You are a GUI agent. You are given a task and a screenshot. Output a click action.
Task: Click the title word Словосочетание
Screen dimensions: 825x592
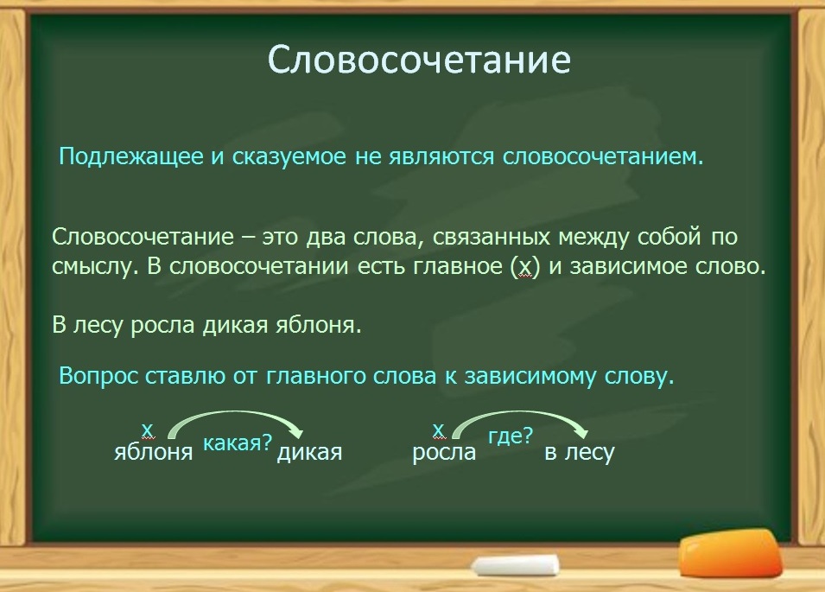419,60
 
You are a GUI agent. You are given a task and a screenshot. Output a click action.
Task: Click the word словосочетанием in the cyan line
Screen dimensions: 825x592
603,156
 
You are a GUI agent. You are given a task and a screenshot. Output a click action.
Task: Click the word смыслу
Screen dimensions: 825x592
95,267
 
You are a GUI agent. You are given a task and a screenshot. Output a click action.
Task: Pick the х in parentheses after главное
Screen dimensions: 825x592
525,267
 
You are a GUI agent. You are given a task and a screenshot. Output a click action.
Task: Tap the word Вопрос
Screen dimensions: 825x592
98,376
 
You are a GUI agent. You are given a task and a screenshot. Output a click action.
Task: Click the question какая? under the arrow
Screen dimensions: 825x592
238,443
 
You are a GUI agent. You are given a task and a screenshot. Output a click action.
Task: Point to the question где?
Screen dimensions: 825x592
511,436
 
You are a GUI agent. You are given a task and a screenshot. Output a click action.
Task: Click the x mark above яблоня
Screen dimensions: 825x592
148,430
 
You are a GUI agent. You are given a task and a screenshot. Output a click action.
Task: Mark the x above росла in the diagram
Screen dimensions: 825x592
438,430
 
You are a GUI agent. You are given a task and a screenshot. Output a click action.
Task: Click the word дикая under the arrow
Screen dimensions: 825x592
309,452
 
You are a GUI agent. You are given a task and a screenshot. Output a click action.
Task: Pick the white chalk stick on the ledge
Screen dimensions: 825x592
516,565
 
